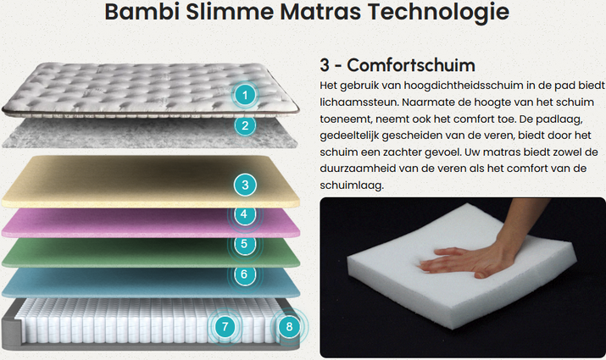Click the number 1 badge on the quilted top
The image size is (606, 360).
click(x=245, y=95)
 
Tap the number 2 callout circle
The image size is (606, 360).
click(x=245, y=125)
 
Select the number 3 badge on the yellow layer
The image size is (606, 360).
click(x=245, y=185)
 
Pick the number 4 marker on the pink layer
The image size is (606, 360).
click(x=244, y=214)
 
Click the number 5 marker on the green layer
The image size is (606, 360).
click(x=244, y=244)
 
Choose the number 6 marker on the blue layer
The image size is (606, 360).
click(x=244, y=274)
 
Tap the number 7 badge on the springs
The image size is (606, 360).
click(x=225, y=327)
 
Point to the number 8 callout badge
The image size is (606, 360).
click(x=290, y=327)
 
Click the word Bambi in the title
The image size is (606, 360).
click(x=142, y=11)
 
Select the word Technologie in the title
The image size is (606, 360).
click(x=438, y=12)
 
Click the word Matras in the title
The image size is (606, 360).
click(x=320, y=11)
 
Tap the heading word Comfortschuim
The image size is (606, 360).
click(x=411, y=65)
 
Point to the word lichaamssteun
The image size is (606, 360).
click(x=359, y=102)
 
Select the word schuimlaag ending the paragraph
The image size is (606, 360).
click(x=352, y=186)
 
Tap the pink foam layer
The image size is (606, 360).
click(x=151, y=223)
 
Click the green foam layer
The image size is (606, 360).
click(x=151, y=253)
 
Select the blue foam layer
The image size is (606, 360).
click(x=151, y=283)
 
